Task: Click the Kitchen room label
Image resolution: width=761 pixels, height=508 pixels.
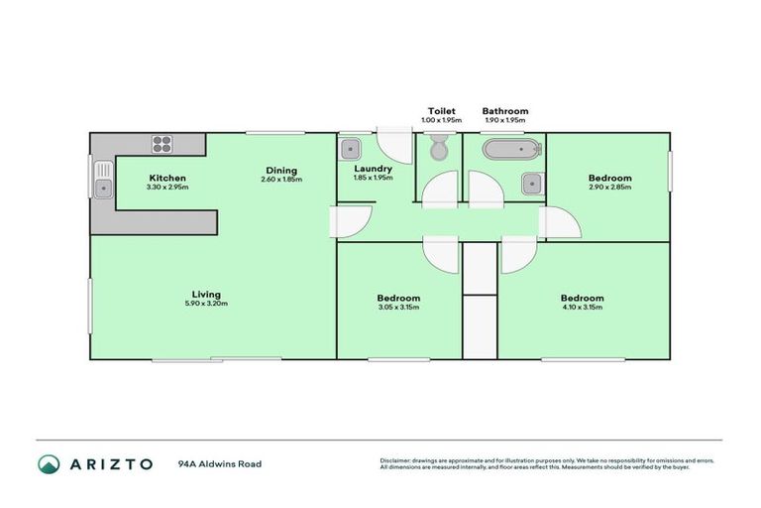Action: pyautogui.click(x=166, y=178)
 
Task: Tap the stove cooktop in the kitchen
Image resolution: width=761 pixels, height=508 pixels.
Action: pyautogui.click(x=163, y=144)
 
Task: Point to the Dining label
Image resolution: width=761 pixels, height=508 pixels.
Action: pyautogui.click(x=281, y=169)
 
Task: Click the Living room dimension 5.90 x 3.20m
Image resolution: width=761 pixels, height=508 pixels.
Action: pyautogui.click(x=206, y=304)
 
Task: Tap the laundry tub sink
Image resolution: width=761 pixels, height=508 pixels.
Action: pyautogui.click(x=349, y=149)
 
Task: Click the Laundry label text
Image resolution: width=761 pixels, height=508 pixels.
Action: pyautogui.click(x=374, y=169)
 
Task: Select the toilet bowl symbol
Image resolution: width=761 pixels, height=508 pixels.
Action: pyautogui.click(x=438, y=150)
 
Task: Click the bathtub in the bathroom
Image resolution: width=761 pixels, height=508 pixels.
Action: pyautogui.click(x=510, y=151)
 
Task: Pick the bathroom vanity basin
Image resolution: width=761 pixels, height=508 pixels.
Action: pyautogui.click(x=531, y=183)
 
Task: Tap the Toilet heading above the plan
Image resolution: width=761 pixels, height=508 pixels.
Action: pyautogui.click(x=440, y=111)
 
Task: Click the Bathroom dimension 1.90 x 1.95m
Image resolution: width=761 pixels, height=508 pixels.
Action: pyautogui.click(x=505, y=120)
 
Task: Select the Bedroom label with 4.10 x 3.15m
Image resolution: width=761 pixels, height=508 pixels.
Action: pyautogui.click(x=582, y=298)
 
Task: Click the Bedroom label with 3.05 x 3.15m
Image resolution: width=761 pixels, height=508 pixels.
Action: pyautogui.click(x=398, y=298)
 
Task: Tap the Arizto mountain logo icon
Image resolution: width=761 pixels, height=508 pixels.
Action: pyautogui.click(x=49, y=463)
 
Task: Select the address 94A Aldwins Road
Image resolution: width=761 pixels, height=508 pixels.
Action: pyautogui.click(x=220, y=463)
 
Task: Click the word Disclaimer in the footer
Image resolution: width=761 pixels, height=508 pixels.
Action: pyautogui.click(x=394, y=460)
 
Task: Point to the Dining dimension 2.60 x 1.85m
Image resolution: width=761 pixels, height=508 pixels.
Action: pyautogui.click(x=281, y=179)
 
